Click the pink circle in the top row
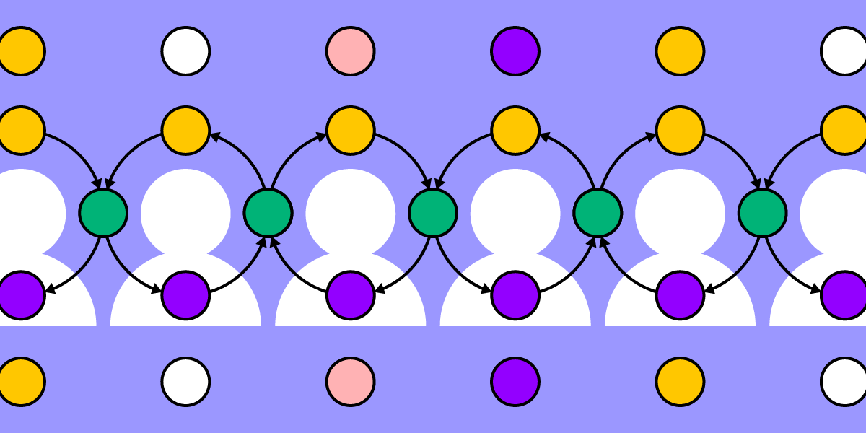pyautogui.click(x=350, y=51)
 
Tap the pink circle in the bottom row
pyautogui.click(x=350, y=382)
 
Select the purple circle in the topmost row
pyautogui.click(x=515, y=51)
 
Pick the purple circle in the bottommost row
pyautogui.click(x=515, y=382)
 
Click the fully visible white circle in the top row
pyautogui.click(x=185, y=51)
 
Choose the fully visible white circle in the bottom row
pyautogui.click(x=185, y=382)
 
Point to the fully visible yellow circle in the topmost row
pyautogui.click(x=680, y=51)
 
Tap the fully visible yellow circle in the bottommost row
pyautogui.click(x=680, y=382)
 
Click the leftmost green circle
pyautogui.click(x=103, y=213)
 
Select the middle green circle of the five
pyautogui.click(x=433, y=213)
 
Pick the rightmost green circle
pyautogui.click(x=763, y=213)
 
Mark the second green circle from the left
pyautogui.click(x=268, y=213)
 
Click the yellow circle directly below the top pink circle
pyautogui.click(x=350, y=131)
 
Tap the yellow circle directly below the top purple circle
pyautogui.click(x=515, y=131)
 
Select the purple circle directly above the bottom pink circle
pyautogui.click(x=350, y=295)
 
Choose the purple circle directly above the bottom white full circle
pyautogui.click(x=185, y=295)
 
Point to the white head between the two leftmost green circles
pyautogui.click(x=185, y=213)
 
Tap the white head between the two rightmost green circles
pyautogui.click(x=680, y=213)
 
